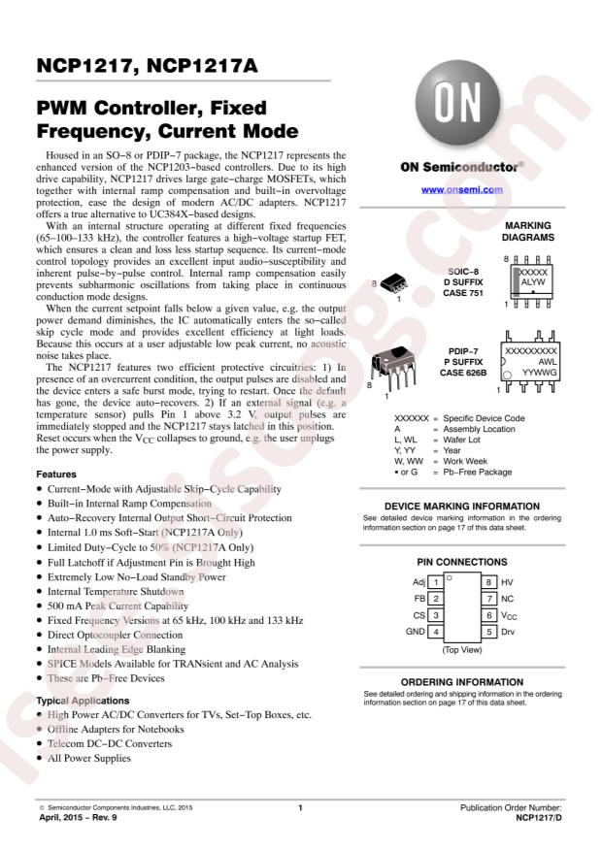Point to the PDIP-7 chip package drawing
coord(394,367)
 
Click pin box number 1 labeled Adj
coord(437,582)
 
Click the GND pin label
coord(415,632)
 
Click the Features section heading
coord(56,474)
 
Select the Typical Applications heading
coord(84,700)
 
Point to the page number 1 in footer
coord(300,807)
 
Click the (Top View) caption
coord(462,649)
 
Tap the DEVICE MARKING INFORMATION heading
coord(462,506)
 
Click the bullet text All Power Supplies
coord(93,759)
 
